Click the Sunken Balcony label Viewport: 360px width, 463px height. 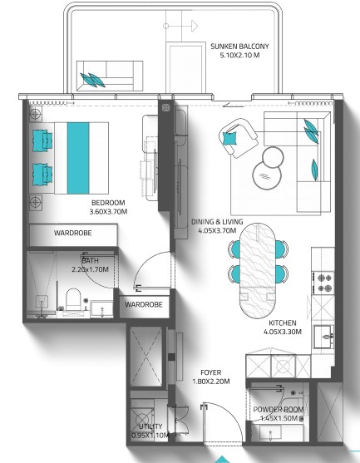coord(239,51)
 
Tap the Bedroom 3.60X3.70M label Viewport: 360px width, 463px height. coord(108,207)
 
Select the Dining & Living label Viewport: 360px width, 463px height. coord(217,226)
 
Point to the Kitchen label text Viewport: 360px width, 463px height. coord(283,328)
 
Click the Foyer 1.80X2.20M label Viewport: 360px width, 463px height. coord(211,377)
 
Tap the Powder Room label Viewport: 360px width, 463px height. coord(279,414)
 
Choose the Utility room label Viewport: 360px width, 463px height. coord(150,431)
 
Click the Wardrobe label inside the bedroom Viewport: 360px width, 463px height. coord(72,233)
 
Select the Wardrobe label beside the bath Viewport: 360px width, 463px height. coord(144,304)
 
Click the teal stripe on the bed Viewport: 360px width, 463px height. coord(78,158)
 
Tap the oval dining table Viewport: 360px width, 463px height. coord(257,271)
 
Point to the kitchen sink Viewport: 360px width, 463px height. coord(324,337)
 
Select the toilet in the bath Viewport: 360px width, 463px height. coord(73,298)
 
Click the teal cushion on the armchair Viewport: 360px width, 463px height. coord(229,138)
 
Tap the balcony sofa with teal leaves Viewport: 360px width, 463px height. coord(110,76)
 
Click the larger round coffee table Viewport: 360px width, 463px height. coord(267,175)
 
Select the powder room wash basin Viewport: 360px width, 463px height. coord(270,432)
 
